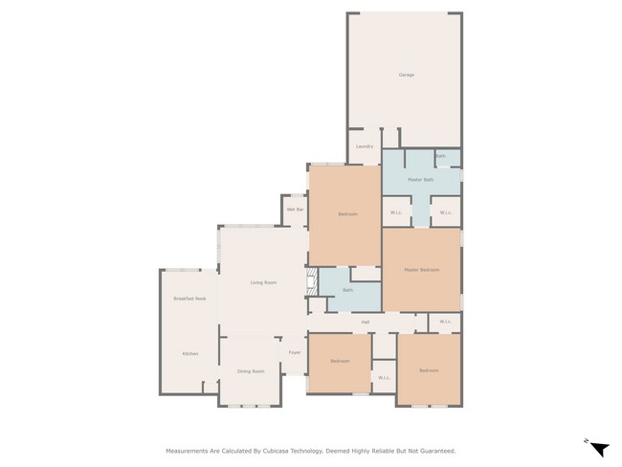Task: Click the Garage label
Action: click(406, 75)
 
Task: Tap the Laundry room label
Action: click(365, 146)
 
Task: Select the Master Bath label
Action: click(421, 180)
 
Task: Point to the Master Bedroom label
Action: click(421, 270)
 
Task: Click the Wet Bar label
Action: click(295, 209)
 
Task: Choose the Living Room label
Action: click(263, 282)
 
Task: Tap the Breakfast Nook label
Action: click(189, 300)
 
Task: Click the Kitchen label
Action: click(190, 354)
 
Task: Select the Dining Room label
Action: click(251, 370)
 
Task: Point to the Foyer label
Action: click(295, 352)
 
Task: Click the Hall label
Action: click(366, 322)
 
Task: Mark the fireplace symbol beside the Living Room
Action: click(311, 282)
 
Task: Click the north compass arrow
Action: click(598, 448)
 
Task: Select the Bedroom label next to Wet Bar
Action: click(347, 214)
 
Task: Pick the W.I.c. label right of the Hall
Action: click(446, 322)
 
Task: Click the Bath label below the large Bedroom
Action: click(348, 289)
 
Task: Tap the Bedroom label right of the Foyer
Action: click(340, 361)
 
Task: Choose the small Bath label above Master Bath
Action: click(440, 156)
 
